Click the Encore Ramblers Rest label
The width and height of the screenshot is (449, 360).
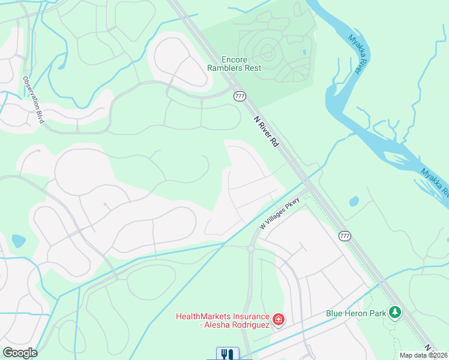(241, 64)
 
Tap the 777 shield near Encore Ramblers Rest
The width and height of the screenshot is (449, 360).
(240, 96)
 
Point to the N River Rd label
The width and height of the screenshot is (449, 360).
(268, 131)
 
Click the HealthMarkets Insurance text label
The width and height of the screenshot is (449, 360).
(221, 320)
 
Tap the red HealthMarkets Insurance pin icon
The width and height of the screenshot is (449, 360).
(279, 320)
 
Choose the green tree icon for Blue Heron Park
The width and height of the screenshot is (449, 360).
(394, 313)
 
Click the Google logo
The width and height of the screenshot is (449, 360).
(20, 353)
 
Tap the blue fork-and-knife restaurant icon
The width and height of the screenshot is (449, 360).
(228, 354)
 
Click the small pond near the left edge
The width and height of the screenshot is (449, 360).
(19, 241)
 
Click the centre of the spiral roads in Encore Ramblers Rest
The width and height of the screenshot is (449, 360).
(268, 54)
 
